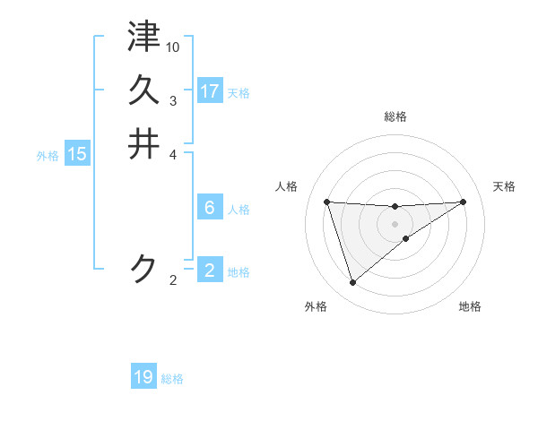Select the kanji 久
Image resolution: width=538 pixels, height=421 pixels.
pos(143,90)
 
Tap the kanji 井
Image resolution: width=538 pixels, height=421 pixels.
pos(143,143)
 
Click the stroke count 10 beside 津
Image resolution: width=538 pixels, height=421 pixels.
pos(173,46)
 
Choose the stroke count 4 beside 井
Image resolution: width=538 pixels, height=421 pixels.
pos(173,153)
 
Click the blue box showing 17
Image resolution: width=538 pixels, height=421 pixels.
pos(210,91)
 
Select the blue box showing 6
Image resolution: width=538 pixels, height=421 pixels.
pos(210,208)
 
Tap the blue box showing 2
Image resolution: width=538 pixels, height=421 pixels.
pos(210,271)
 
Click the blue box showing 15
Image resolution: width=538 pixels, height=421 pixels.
pos(77,154)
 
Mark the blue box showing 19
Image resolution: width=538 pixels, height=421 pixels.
pos(143,377)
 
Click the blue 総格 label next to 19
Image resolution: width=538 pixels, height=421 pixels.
pos(172,379)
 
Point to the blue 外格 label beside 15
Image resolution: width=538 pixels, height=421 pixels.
pos(48,155)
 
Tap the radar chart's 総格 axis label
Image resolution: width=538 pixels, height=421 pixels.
pos(395,116)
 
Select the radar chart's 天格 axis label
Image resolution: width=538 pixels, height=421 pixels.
pos(504,186)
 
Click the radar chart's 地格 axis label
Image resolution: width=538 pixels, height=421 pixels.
pos(470,306)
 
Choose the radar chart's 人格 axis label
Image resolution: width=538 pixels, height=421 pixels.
pos(287,186)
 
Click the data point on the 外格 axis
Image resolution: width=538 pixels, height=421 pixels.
pos(352,283)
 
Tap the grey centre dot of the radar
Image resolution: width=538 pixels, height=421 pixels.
pos(395,224)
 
